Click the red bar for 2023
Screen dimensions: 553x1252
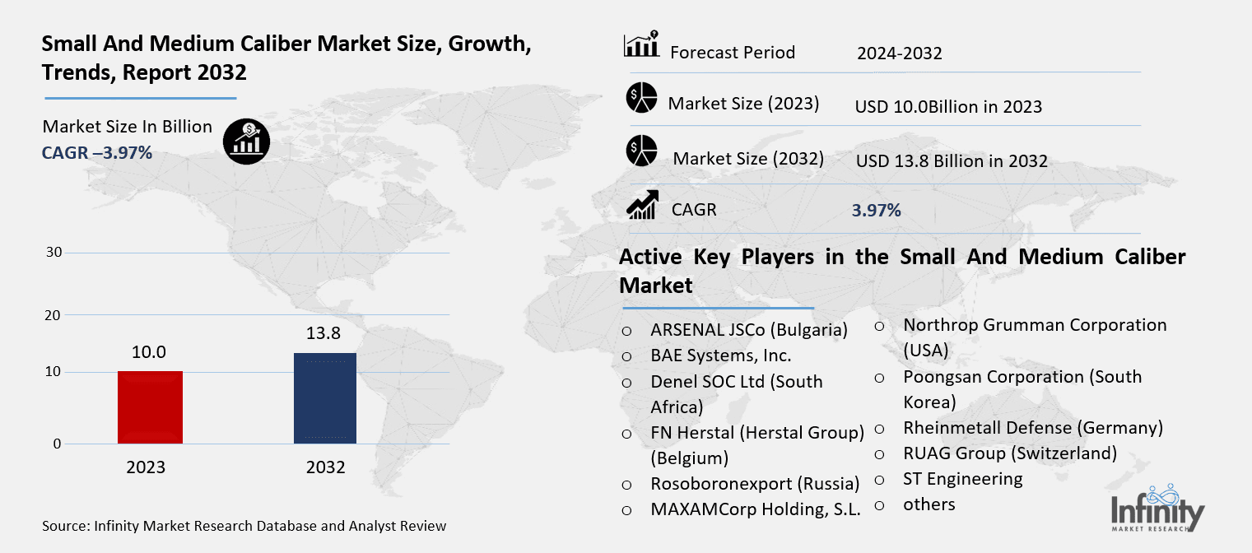150,407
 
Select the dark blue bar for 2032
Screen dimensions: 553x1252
325,398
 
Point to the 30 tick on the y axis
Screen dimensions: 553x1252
54,253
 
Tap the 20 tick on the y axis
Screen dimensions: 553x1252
54,315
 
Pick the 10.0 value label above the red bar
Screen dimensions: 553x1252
149,352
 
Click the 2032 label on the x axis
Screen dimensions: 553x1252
325,467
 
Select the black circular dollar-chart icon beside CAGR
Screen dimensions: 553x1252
245,142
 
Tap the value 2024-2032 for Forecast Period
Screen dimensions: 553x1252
899,53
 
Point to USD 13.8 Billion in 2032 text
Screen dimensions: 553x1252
952,160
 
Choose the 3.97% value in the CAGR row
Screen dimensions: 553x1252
876,210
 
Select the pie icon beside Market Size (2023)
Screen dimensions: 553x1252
641,98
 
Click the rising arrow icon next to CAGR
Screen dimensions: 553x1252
641,205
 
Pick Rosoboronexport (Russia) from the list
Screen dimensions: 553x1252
754,483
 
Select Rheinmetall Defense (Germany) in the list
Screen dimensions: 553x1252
1032,428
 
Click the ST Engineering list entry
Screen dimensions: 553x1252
962,478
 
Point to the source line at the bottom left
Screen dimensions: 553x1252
244,525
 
